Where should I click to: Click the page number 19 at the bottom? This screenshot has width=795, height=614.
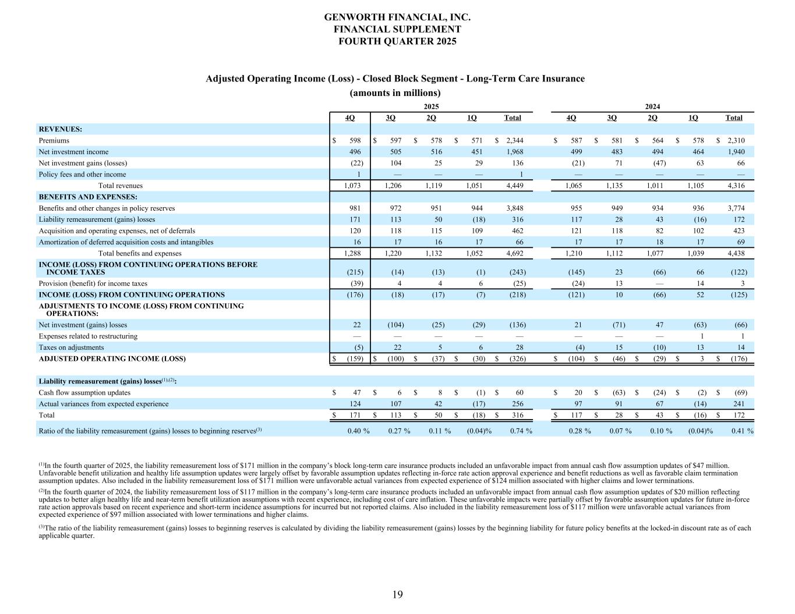(397, 594)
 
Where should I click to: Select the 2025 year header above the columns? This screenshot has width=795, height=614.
(431, 107)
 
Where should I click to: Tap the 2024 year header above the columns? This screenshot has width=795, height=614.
(652, 107)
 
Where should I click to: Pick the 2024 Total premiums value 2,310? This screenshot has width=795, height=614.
(735, 140)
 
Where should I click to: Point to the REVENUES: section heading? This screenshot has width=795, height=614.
(61, 129)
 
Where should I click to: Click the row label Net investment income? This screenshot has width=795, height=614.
(73, 152)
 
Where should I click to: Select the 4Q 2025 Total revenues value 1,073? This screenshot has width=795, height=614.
(352, 186)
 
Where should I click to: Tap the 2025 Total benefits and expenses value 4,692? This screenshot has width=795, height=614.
(514, 253)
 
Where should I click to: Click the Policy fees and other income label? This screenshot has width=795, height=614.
(82, 174)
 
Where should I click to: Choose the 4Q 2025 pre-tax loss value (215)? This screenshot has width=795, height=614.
(355, 272)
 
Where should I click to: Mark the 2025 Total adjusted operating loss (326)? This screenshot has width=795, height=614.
(517, 359)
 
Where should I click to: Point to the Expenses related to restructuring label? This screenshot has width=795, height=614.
(88, 336)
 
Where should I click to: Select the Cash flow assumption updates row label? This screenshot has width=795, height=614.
(84, 392)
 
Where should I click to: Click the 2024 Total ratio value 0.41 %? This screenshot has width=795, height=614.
(742, 431)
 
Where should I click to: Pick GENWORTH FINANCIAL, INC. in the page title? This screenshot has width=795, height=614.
(397, 17)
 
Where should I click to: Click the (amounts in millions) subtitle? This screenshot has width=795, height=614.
(395, 93)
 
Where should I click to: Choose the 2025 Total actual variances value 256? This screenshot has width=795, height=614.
(517, 404)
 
